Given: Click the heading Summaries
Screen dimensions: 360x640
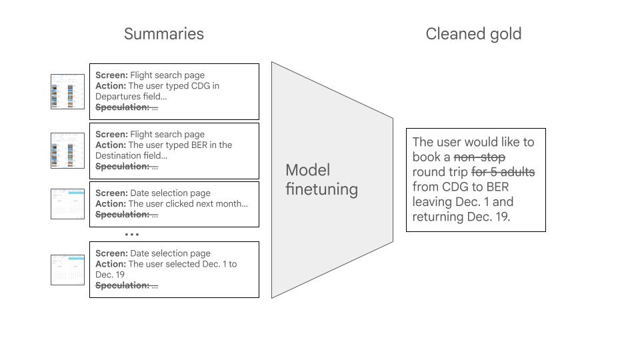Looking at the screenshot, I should coord(163,34).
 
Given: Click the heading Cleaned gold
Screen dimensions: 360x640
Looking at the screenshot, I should coord(473,34).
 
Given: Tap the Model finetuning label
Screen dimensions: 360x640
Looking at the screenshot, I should coord(321,179).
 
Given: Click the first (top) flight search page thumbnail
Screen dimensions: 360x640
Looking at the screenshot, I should coord(67,91).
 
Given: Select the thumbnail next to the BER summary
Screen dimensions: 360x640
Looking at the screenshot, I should coord(67,150).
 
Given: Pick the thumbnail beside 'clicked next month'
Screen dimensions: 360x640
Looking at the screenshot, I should coord(67,203).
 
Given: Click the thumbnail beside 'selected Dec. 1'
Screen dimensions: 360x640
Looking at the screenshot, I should coord(67,269).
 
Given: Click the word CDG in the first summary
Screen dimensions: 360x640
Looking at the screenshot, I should coord(201,86).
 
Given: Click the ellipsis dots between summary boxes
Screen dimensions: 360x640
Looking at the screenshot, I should coord(132,235).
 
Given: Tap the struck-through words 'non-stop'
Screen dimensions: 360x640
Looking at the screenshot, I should coord(479,157).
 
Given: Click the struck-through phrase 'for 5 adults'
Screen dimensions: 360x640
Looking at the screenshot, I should coord(503,172).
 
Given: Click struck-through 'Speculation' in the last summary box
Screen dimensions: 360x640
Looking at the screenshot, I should coord(122,285).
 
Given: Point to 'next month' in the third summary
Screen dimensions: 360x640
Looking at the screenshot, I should coord(222,204).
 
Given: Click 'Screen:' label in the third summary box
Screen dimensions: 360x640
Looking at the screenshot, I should coord(111,193).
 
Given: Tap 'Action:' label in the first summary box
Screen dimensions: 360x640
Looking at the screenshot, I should coord(111,86).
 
